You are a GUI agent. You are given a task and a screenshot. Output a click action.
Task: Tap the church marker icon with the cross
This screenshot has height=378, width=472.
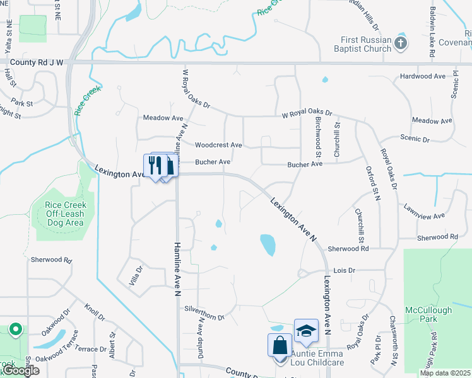tap(401, 43)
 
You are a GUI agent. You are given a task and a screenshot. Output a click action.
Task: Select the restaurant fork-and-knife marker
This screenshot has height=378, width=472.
tap(153, 166)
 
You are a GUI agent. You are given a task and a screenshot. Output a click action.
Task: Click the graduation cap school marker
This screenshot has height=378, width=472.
tap(306, 331)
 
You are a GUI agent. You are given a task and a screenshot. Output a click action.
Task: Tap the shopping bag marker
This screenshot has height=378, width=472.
tap(280, 347)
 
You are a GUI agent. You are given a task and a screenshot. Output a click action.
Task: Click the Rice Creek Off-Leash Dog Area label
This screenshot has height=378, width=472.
tap(65, 214)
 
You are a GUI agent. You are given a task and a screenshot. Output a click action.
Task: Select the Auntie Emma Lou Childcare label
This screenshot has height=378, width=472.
tap(317, 358)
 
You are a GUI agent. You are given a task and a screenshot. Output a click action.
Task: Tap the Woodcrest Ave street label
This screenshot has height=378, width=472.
tap(218, 145)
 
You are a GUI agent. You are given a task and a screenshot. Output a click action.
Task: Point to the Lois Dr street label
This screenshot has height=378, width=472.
tap(345, 270)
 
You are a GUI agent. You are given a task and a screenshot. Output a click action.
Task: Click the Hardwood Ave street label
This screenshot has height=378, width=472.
tap(423, 76)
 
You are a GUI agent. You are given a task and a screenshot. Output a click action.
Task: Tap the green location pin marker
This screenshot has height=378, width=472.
tap(15, 329)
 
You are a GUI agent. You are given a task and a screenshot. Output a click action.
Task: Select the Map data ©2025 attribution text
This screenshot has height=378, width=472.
tap(445, 373)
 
